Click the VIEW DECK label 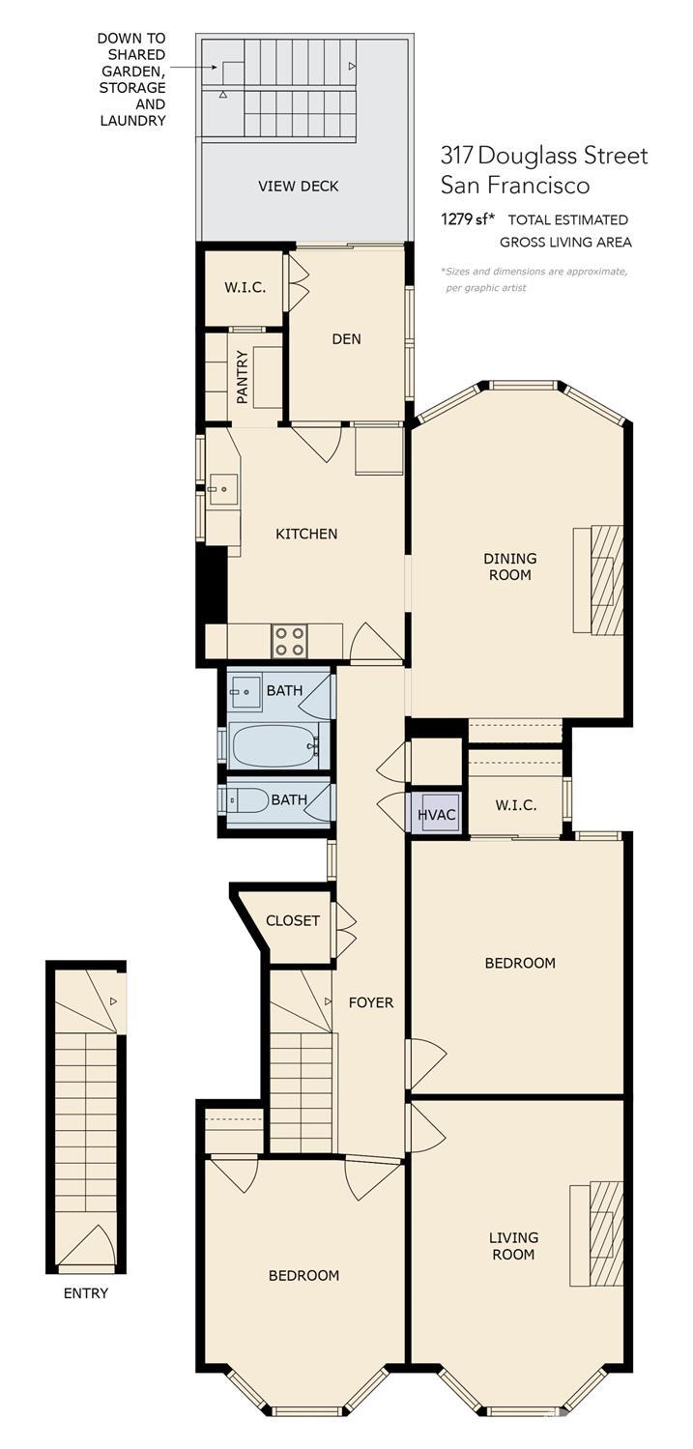[x=299, y=187]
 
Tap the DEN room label [x=346, y=339]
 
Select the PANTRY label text [x=243, y=377]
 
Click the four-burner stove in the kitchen [x=289, y=641]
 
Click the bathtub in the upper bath [x=275, y=746]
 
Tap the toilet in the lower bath [x=245, y=800]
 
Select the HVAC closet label [x=437, y=815]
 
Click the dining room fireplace [x=598, y=580]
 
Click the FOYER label [x=371, y=1002]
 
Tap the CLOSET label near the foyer [x=293, y=920]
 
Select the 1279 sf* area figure [x=464, y=219]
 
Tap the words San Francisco [x=515, y=186]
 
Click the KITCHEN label [x=306, y=534]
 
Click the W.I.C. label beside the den [x=245, y=288]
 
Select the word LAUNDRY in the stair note [x=132, y=121]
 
